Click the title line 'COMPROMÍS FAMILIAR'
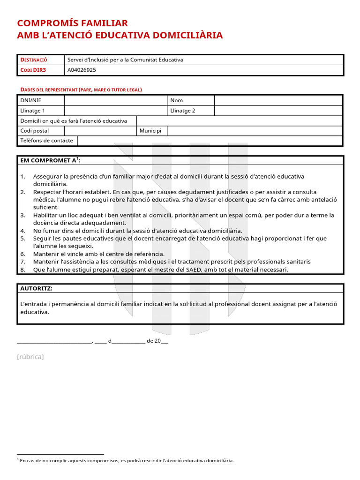pos(72,23)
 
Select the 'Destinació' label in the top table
pos(34,60)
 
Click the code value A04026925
pos(83,70)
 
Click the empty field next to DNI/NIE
pos(115,100)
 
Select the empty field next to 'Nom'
pos(278,100)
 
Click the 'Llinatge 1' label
pos(33,111)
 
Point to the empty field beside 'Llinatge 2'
pos(278,111)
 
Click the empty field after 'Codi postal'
pos(100,131)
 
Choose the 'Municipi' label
pos(150,131)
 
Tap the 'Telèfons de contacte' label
pos(46,141)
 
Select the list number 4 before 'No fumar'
pos(22,231)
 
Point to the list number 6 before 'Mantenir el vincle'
pos(22,254)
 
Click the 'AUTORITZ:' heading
pos(36,288)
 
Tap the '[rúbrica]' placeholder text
pos(30,357)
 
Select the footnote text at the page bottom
pos(127,460)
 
